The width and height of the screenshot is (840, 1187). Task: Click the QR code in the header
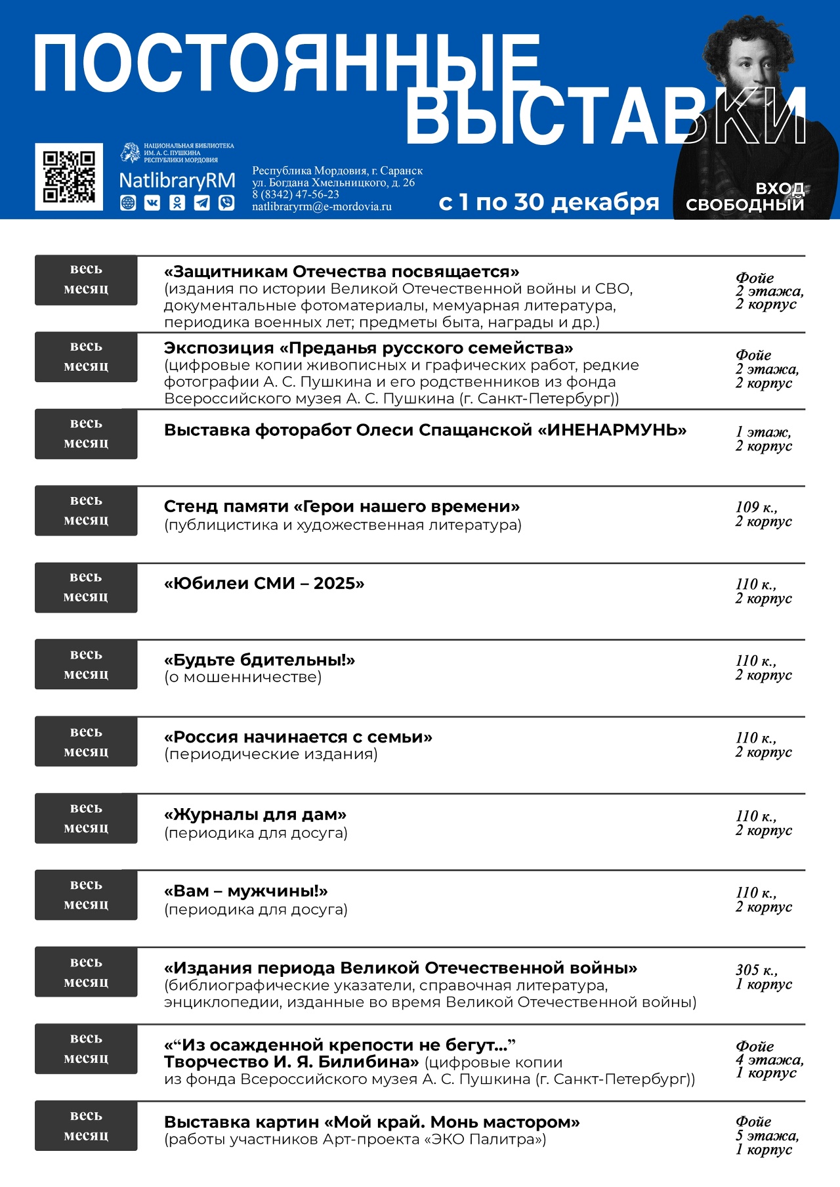(69, 177)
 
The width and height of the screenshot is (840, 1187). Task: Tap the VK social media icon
(152, 203)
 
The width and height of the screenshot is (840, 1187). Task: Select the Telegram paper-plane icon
(202, 203)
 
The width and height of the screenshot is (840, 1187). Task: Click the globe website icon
(128, 203)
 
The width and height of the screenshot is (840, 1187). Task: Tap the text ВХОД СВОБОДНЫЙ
(745, 196)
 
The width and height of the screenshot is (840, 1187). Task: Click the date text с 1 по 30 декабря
(549, 202)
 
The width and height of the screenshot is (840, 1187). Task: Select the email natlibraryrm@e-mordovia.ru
(322, 206)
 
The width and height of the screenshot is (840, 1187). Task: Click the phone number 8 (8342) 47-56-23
(296, 194)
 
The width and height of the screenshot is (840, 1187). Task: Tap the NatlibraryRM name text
(177, 181)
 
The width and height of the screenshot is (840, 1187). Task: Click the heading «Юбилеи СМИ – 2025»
(264, 583)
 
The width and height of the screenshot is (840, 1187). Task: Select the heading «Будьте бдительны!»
(259, 660)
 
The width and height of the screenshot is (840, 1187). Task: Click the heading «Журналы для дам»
(255, 814)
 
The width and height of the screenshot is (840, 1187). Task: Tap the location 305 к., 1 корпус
(763, 976)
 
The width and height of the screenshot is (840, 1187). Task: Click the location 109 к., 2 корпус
(763, 514)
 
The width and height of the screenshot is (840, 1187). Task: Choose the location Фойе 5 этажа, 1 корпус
(766, 1135)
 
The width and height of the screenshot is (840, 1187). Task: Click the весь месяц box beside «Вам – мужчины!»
(86, 894)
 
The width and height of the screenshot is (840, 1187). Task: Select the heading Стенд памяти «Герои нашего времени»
(341, 506)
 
